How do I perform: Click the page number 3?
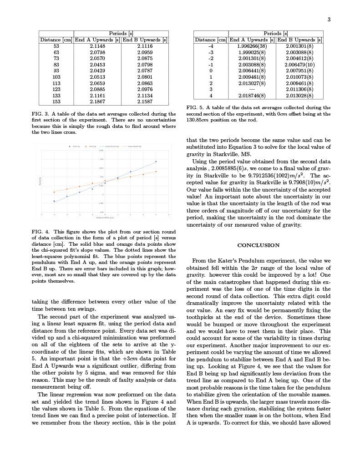[x=329, y=19]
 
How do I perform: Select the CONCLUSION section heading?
[x=259, y=245]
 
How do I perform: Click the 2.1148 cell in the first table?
[x=97, y=46]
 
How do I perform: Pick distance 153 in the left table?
[x=56, y=102]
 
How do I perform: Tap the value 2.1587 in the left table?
[x=145, y=102]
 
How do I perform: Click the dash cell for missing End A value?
[x=252, y=90]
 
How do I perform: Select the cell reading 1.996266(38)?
[x=252, y=46]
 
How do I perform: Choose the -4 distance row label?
[x=211, y=46]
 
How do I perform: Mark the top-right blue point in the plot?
[x=156, y=162]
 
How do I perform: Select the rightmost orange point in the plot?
[x=156, y=172]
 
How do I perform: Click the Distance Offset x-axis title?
[x=105, y=218]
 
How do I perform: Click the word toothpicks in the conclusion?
[x=201, y=317]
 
